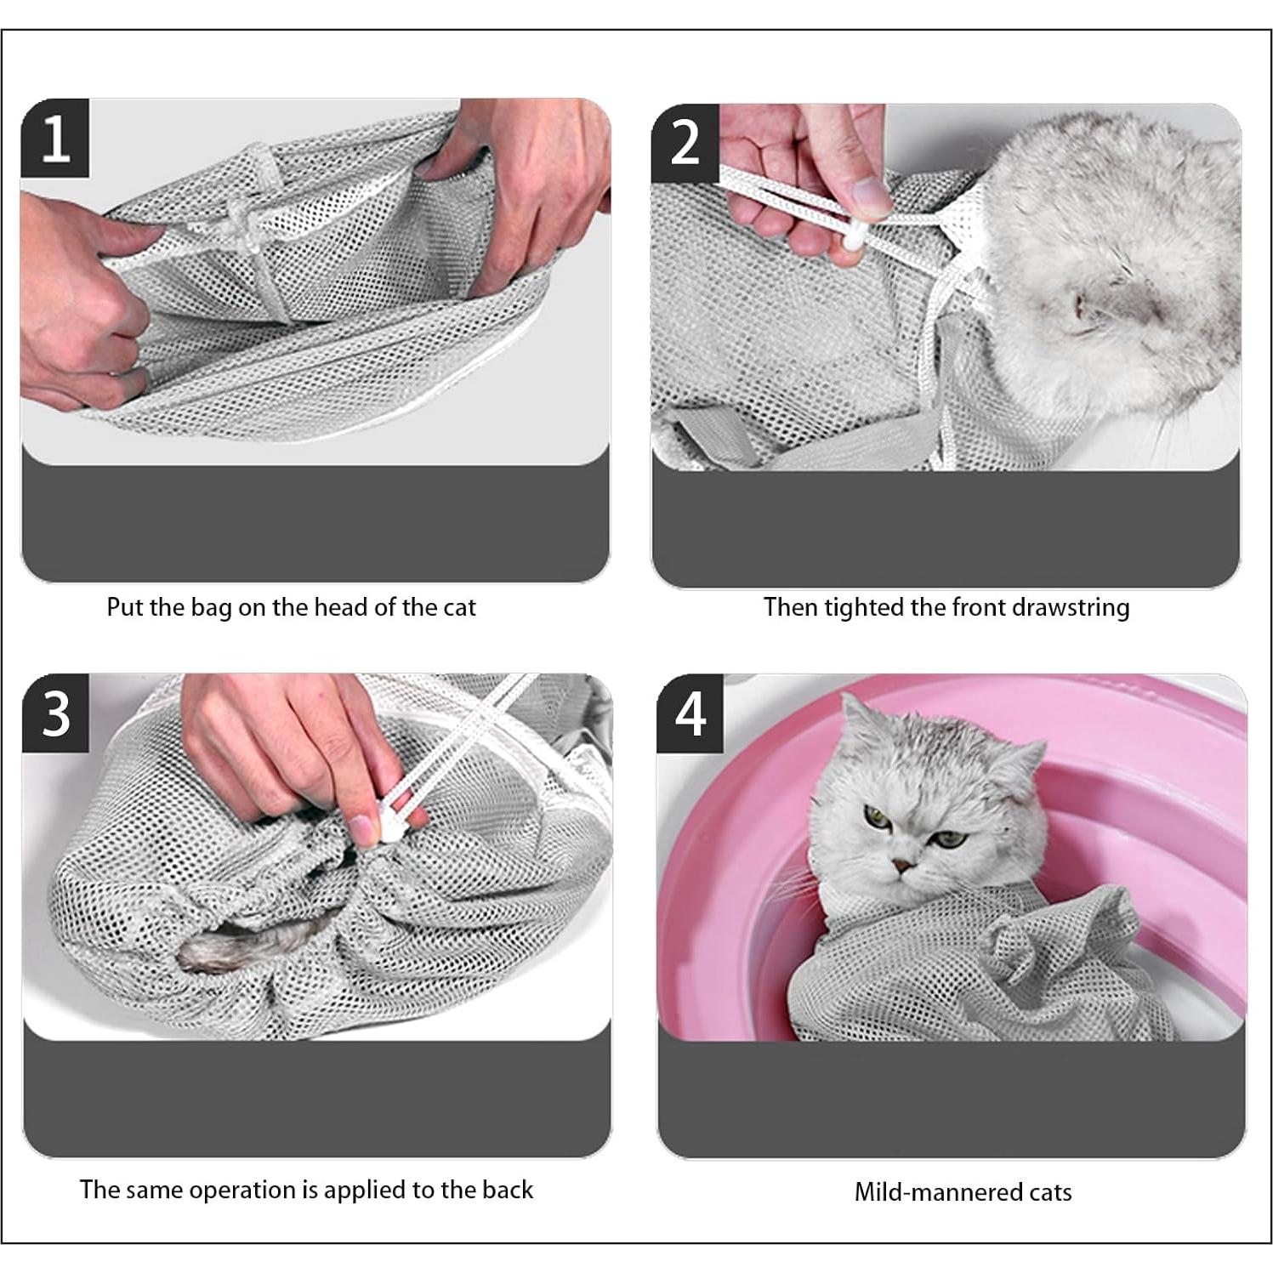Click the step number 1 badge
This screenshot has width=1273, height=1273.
55,139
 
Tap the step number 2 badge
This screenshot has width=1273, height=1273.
685,143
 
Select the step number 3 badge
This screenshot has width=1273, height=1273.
56,713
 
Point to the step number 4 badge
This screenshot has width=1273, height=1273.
690,714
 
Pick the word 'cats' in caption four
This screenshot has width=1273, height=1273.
1050,1192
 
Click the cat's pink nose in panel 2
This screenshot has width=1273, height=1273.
1080,304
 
